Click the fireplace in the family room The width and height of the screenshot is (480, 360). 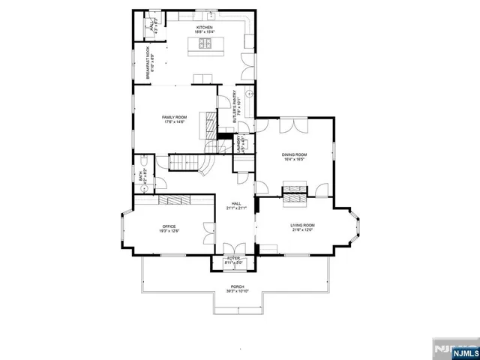(x=202, y=129)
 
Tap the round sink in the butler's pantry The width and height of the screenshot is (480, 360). (x=250, y=92)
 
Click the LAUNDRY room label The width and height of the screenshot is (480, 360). (x=238, y=144)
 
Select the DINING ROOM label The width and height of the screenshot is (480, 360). (x=295, y=154)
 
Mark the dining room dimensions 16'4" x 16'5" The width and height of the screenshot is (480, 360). (x=295, y=159)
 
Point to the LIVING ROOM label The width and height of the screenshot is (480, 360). (x=302, y=225)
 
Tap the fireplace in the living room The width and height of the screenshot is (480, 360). (x=294, y=200)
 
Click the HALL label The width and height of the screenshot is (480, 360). (x=236, y=203)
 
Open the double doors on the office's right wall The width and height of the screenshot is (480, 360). (x=208, y=233)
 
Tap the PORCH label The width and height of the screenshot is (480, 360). (x=237, y=287)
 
